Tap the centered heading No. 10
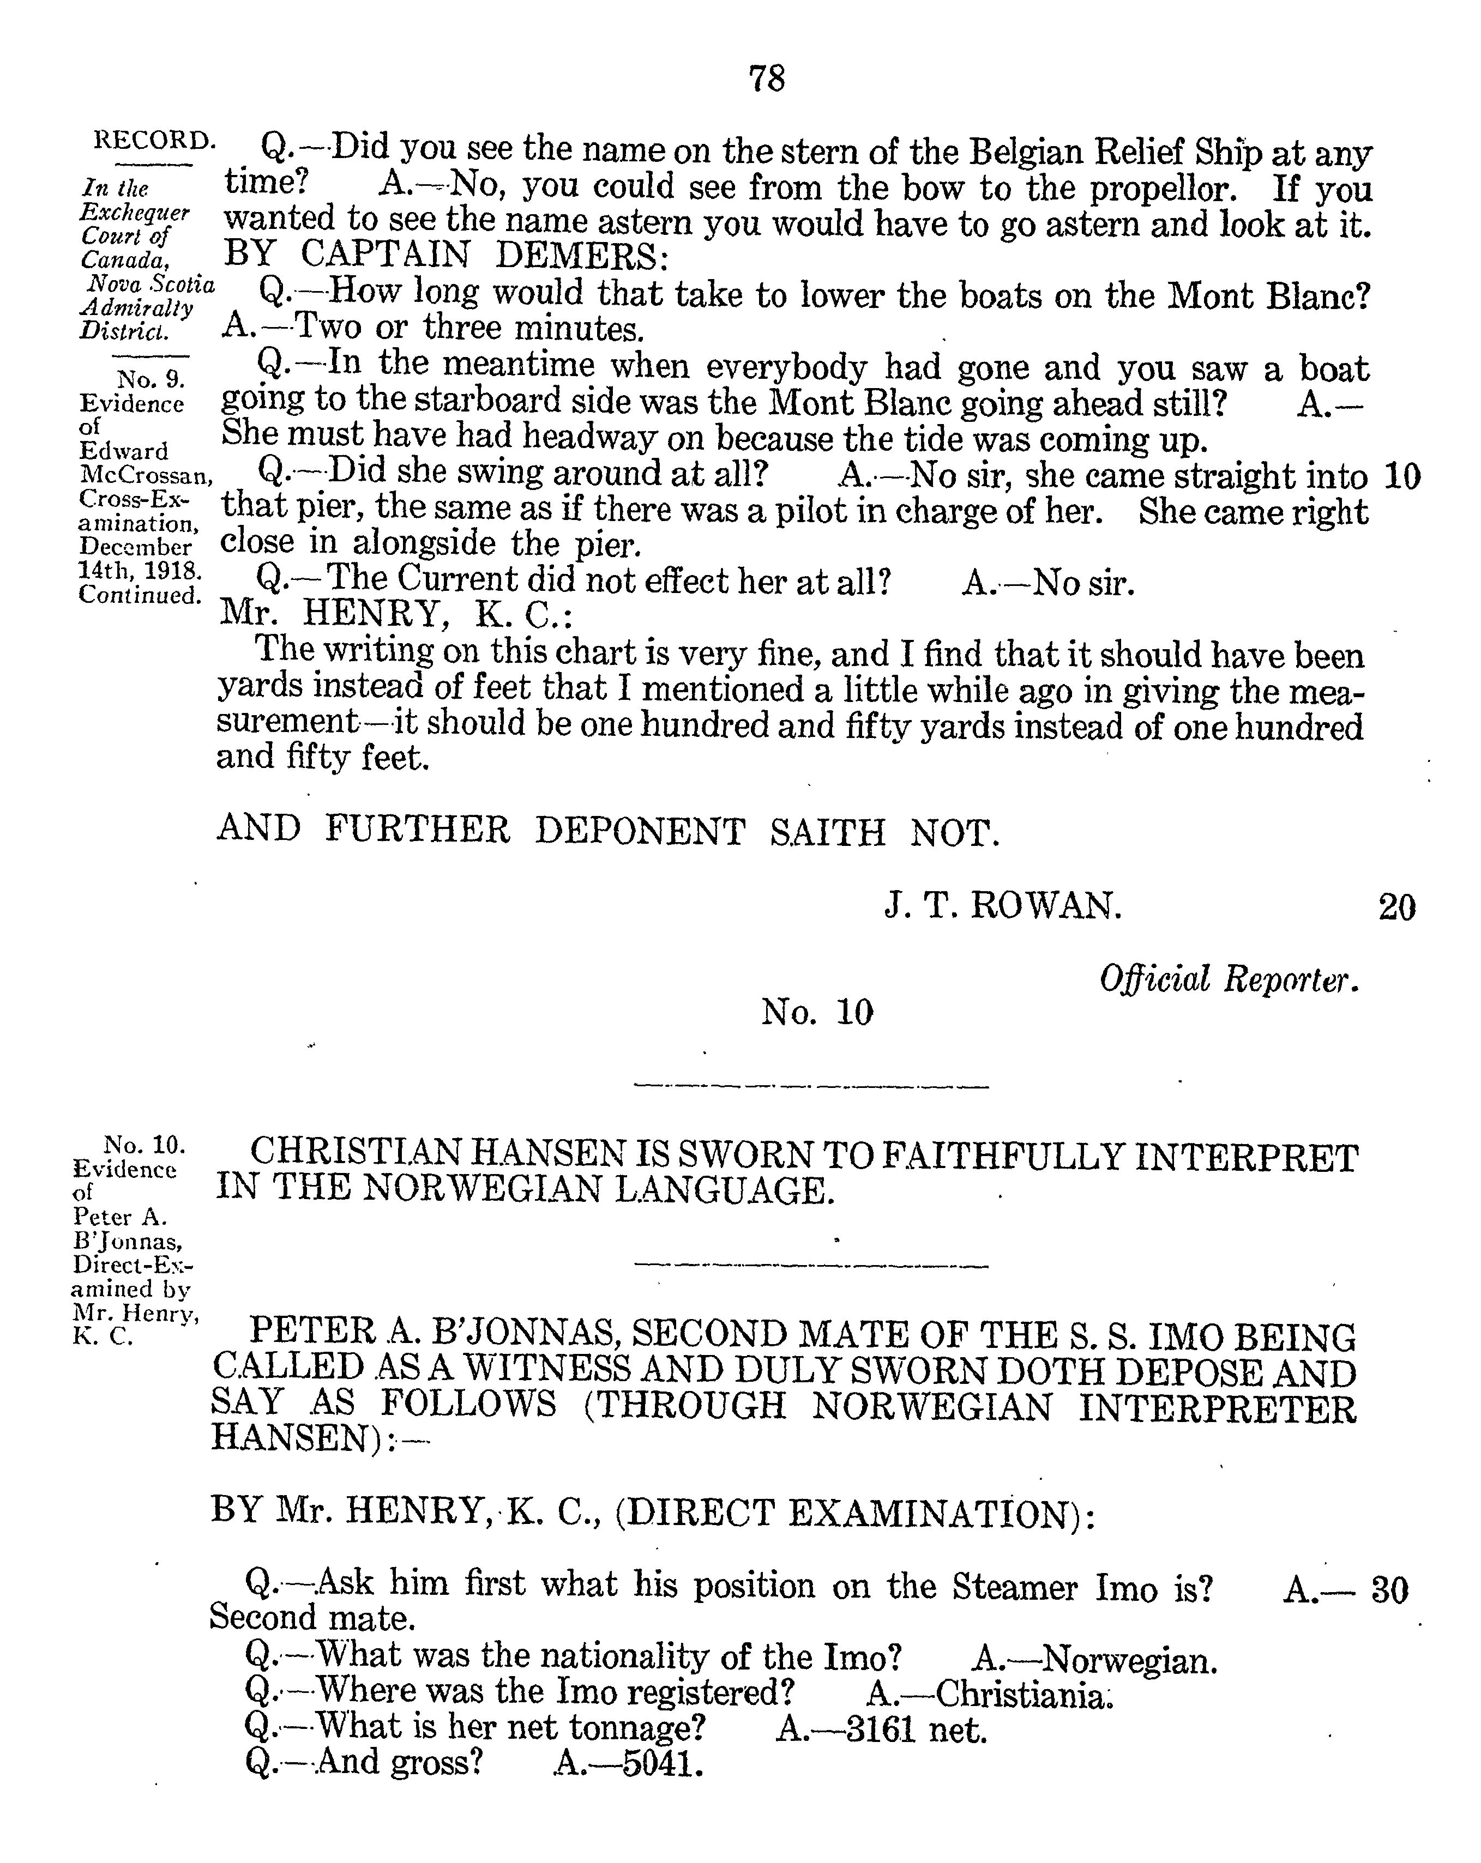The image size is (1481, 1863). click(817, 1012)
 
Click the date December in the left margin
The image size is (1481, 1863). click(135, 547)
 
